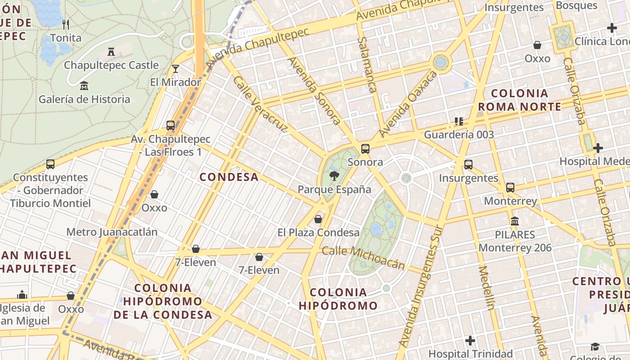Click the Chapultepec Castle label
pyautogui.click(x=111, y=65)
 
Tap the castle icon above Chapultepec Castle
pyautogui.click(x=111, y=52)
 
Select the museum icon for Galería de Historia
pyautogui.click(x=84, y=85)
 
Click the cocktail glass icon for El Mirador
pyautogui.click(x=175, y=69)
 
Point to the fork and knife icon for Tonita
pyautogui.click(x=66, y=24)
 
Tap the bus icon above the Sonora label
pyautogui.click(x=365, y=149)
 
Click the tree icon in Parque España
pyautogui.click(x=334, y=176)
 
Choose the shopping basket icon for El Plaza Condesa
pyautogui.click(x=318, y=219)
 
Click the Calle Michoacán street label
pyautogui.click(x=364, y=258)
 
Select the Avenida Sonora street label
pyautogui.click(x=314, y=90)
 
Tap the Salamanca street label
pyautogui.click(x=367, y=65)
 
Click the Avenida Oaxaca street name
pyautogui.click(x=408, y=104)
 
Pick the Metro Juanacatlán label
pyautogui.click(x=112, y=232)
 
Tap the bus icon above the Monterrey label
pyautogui.click(x=510, y=188)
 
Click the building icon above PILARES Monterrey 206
pyautogui.click(x=515, y=221)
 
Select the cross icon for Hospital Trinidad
pyautogui.click(x=470, y=341)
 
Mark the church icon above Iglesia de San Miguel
pyautogui.click(x=22, y=295)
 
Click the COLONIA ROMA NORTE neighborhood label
pyautogui.click(x=520, y=100)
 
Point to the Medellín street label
pyautogui.click(x=486, y=288)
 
